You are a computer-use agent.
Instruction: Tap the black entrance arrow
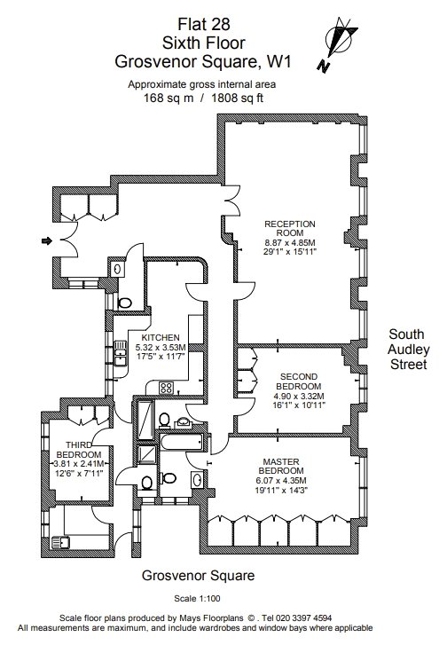pos(47,240)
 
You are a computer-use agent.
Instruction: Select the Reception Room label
pos(290,228)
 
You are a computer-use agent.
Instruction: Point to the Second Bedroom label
pos(298,381)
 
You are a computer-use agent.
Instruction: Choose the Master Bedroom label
pos(281,466)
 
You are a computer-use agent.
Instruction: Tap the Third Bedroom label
pos(79,450)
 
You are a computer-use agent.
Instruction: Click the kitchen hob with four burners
pos(166,388)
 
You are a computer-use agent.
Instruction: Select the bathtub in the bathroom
pos(181,443)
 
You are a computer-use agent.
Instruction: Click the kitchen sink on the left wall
pos(120,353)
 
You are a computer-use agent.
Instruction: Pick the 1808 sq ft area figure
pos(237,98)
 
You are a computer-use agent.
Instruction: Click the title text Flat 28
pos(203,24)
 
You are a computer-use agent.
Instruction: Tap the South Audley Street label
pos(409,349)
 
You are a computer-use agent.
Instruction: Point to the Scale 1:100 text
pos(197,598)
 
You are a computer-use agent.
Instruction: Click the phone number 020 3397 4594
pos(303,617)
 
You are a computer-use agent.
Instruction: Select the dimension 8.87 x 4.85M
pos(290,243)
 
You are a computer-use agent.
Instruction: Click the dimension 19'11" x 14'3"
pos(281,490)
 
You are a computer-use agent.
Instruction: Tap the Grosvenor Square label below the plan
pos(198,576)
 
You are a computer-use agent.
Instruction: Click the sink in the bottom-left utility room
pos(60,543)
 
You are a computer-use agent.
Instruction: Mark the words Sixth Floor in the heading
pos(203,43)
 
